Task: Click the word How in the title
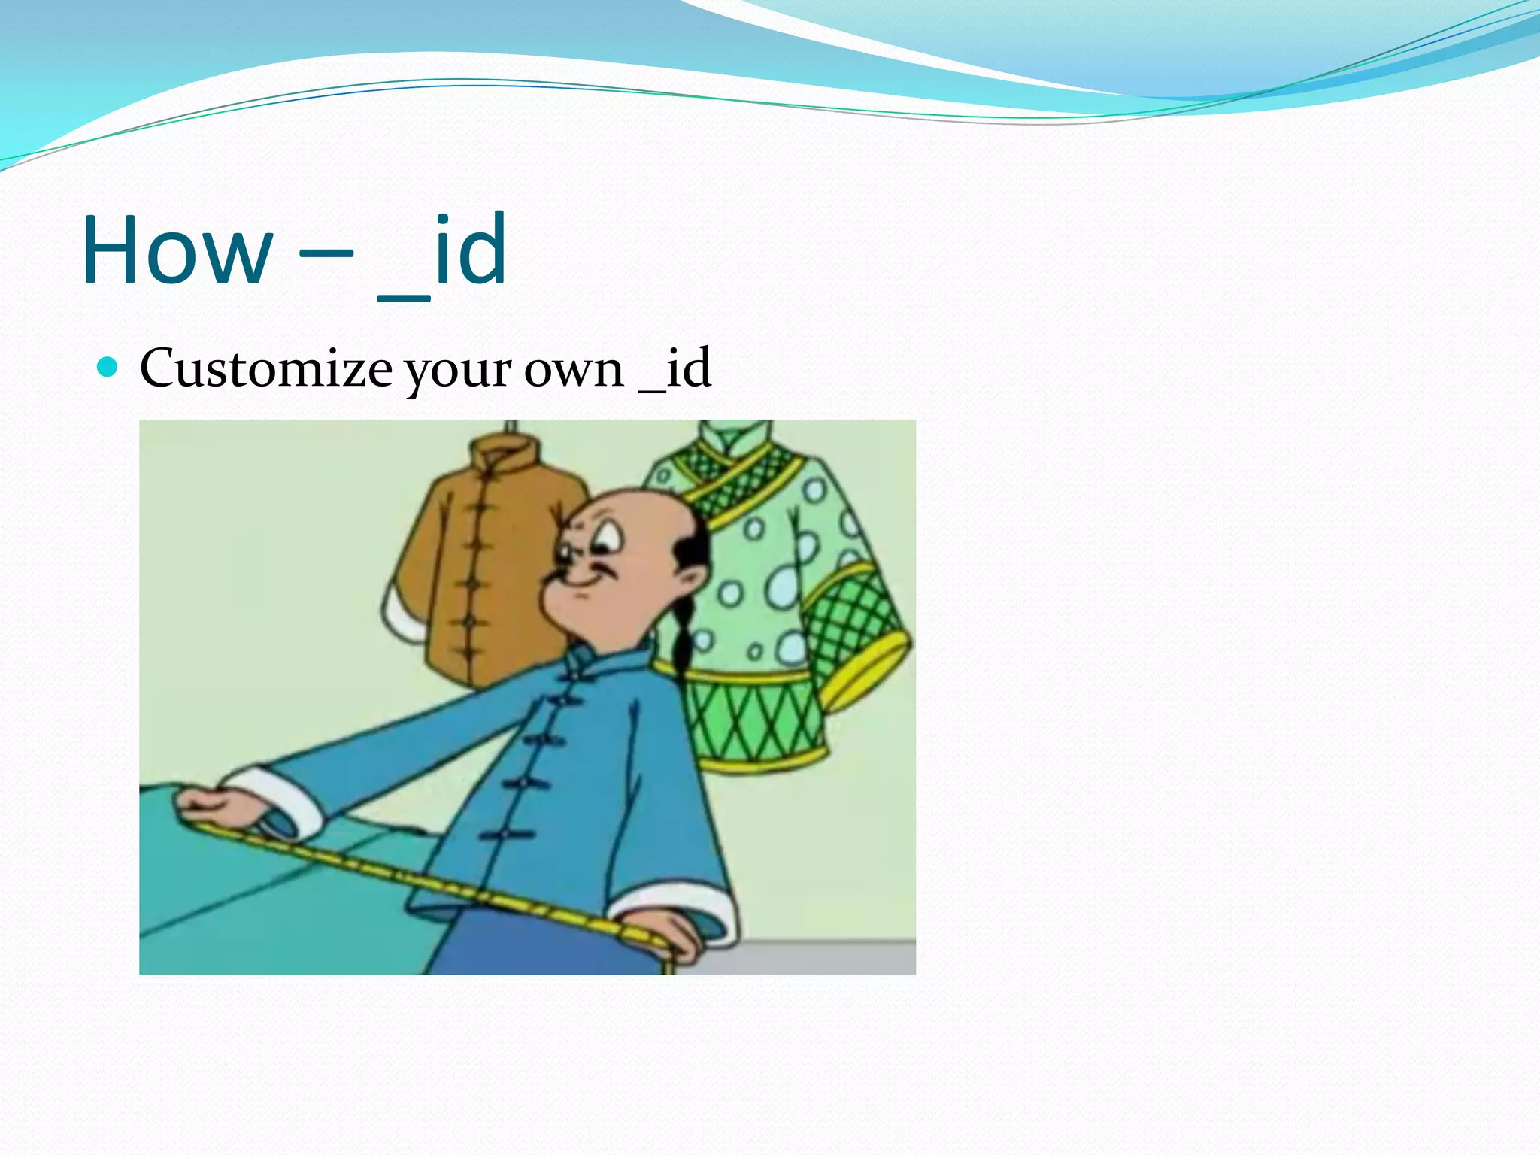pyautogui.click(x=177, y=250)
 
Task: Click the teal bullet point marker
pyautogui.click(x=108, y=367)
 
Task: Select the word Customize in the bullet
pyautogui.click(x=265, y=368)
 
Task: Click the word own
pyautogui.click(x=574, y=370)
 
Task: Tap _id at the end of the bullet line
pyautogui.click(x=675, y=368)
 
